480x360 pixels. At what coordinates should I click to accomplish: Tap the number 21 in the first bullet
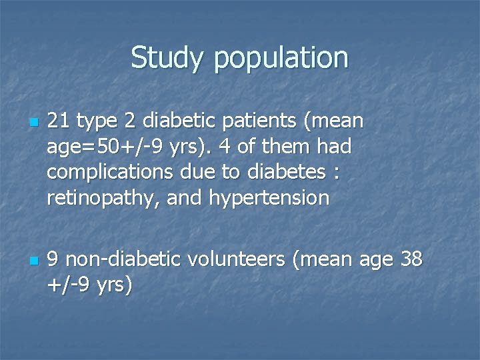point(59,121)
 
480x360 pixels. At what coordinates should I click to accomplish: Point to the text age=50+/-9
point(100,147)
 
